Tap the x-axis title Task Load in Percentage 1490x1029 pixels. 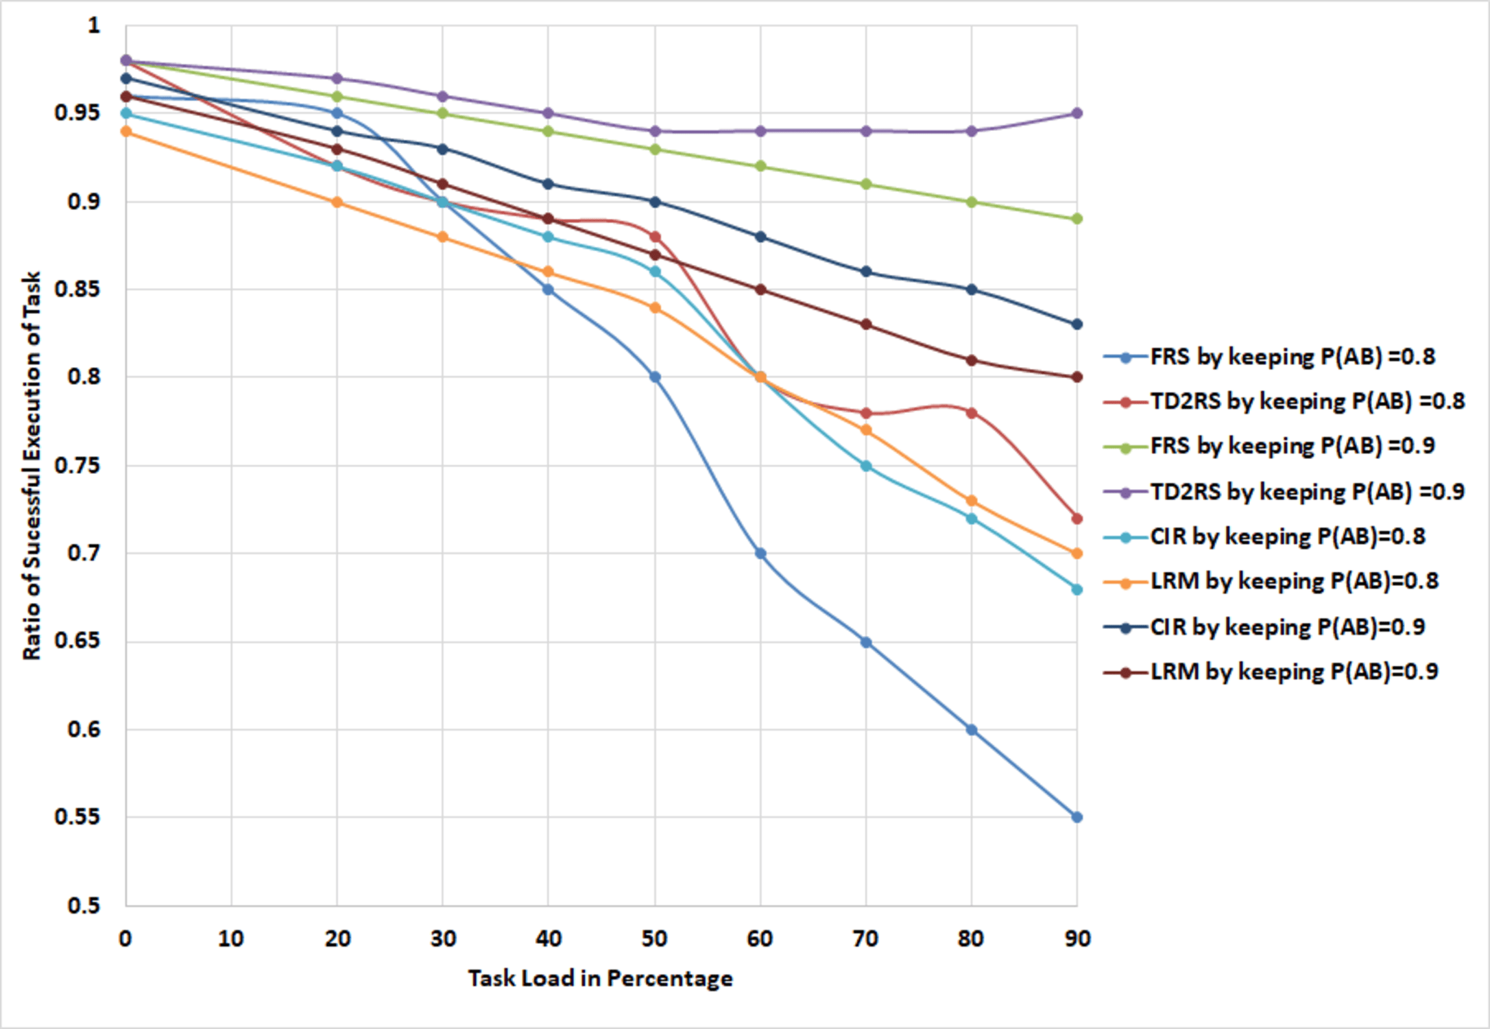click(x=600, y=978)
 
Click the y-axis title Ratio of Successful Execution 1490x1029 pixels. click(x=32, y=466)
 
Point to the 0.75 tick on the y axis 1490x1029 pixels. click(x=77, y=466)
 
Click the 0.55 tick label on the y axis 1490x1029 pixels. click(x=77, y=817)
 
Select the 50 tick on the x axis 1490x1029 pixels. click(x=654, y=938)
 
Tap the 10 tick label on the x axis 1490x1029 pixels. click(x=231, y=938)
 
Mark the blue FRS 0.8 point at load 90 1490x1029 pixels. click(x=1077, y=817)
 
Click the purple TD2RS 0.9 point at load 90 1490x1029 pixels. click(x=1077, y=113)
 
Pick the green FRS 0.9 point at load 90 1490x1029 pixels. click(x=1077, y=219)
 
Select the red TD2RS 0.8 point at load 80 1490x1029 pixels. click(x=971, y=413)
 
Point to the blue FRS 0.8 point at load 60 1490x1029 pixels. click(x=760, y=553)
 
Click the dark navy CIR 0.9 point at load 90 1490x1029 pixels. click(x=1077, y=324)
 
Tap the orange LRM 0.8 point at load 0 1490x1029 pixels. click(x=126, y=131)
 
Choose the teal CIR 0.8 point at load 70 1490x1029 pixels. click(x=865, y=466)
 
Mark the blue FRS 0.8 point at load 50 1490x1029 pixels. click(x=654, y=377)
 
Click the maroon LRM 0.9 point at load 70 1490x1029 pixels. click(x=865, y=324)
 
